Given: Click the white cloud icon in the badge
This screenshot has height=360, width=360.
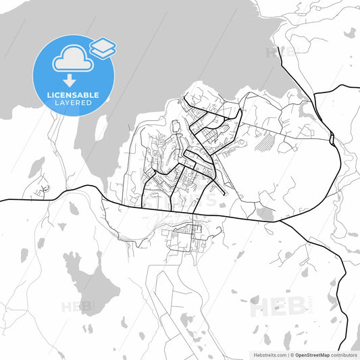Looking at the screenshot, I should pyautogui.click(x=72, y=59).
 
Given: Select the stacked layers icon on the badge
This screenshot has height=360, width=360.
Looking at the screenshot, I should pyautogui.click(x=103, y=47).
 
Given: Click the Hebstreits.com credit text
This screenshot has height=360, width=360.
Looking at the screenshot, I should pyautogui.click(x=268, y=354).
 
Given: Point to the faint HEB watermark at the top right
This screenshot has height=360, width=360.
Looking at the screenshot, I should pyautogui.click(x=280, y=52).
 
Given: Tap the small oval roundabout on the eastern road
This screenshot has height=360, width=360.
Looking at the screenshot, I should pyautogui.click(x=332, y=139).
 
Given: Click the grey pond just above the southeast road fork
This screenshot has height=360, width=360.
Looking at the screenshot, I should pyautogui.click(x=265, y=214).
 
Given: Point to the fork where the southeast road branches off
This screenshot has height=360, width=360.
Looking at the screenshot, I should pyautogui.click(x=280, y=220).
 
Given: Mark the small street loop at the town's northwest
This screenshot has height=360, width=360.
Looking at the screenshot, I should pyautogui.click(x=177, y=126).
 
